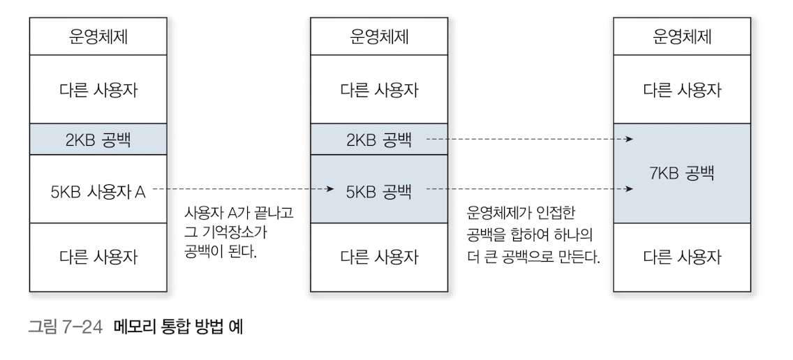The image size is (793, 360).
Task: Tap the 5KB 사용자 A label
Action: coord(98,189)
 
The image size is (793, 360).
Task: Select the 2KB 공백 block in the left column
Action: coord(98,140)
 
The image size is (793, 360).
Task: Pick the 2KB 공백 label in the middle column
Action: coord(378,140)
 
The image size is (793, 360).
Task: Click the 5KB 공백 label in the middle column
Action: coord(378,189)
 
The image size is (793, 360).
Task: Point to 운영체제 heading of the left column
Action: coord(98,37)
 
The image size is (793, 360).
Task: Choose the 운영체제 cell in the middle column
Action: coord(378,37)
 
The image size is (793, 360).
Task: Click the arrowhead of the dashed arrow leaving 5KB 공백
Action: coord(630,189)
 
